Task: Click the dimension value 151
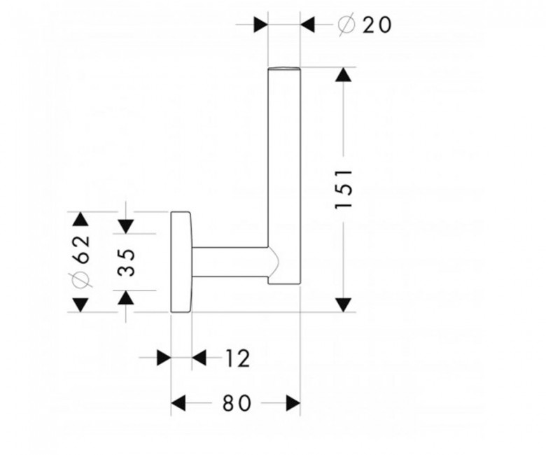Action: (x=344, y=189)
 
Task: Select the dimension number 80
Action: (x=237, y=403)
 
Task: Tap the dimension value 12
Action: (x=238, y=358)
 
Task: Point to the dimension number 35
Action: (x=126, y=262)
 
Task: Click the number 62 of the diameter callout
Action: (x=81, y=249)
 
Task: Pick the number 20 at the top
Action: (x=377, y=25)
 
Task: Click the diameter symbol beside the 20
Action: (x=346, y=24)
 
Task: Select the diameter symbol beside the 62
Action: (x=81, y=279)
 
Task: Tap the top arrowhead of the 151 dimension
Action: (x=343, y=74)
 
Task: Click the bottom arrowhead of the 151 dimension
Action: (x=343, y=304)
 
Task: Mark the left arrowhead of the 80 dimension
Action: (x=178, y=403)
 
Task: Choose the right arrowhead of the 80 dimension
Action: (x=293, y=403)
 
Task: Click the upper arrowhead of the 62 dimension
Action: (x=81, y=219)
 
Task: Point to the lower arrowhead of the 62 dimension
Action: (x=81, y=304)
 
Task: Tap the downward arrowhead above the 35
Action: (x=126, y=226)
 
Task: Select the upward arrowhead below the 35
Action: (x=126, y=297)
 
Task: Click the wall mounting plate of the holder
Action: (x=181, y=262)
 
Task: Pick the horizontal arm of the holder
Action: (x=230, y=262)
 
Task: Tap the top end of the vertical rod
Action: (x=283, y=68)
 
